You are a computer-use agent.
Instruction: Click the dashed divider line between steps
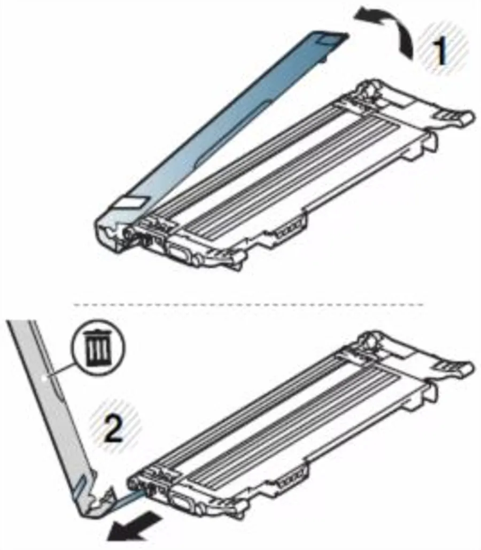pos(249,304)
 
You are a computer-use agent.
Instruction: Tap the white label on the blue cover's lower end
pos(132,202)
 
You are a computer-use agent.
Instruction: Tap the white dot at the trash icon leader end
pos(43,378)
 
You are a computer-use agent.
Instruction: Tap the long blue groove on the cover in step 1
pos(233,132)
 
